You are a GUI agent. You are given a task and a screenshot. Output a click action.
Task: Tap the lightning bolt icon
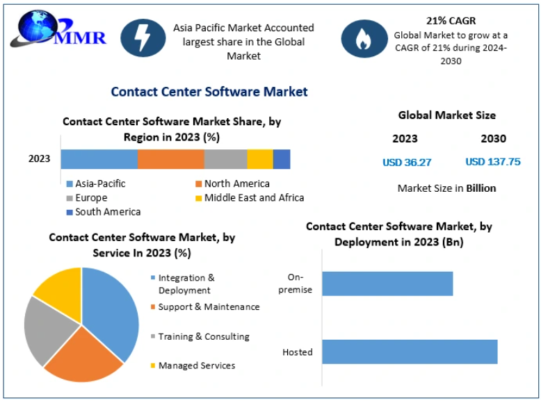pyautogui.click(x=143, y=38)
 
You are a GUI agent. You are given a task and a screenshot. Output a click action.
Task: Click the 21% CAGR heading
pyautogui.click(x=451, y=21)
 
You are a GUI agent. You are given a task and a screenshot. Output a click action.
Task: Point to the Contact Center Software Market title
pyautogui.click(x=209, y=92)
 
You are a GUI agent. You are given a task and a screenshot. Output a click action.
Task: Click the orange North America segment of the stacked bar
pyautogui.click(x=170, y=158)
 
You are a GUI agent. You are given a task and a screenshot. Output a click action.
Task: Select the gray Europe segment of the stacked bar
pyautogui.click(x=225, y=158)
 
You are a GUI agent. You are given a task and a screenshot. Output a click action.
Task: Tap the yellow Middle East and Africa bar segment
pyautogui.click(x=259, y=158)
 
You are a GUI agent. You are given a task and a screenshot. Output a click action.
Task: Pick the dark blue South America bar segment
pyautogui.click(x=282, y=158)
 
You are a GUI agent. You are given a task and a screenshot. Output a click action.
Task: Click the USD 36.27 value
pyautogui.click(x=407, y=163)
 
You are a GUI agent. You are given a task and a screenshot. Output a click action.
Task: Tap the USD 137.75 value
pyautogui.click(x=492, y=162)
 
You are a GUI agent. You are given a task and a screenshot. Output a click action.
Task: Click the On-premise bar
pyautogui.click(x=387, y=284)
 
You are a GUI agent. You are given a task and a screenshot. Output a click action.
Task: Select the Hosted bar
pyautogui.click(x=409, y=352)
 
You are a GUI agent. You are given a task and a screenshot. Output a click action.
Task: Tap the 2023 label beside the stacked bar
pyautogui.click(x=39, y=158)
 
